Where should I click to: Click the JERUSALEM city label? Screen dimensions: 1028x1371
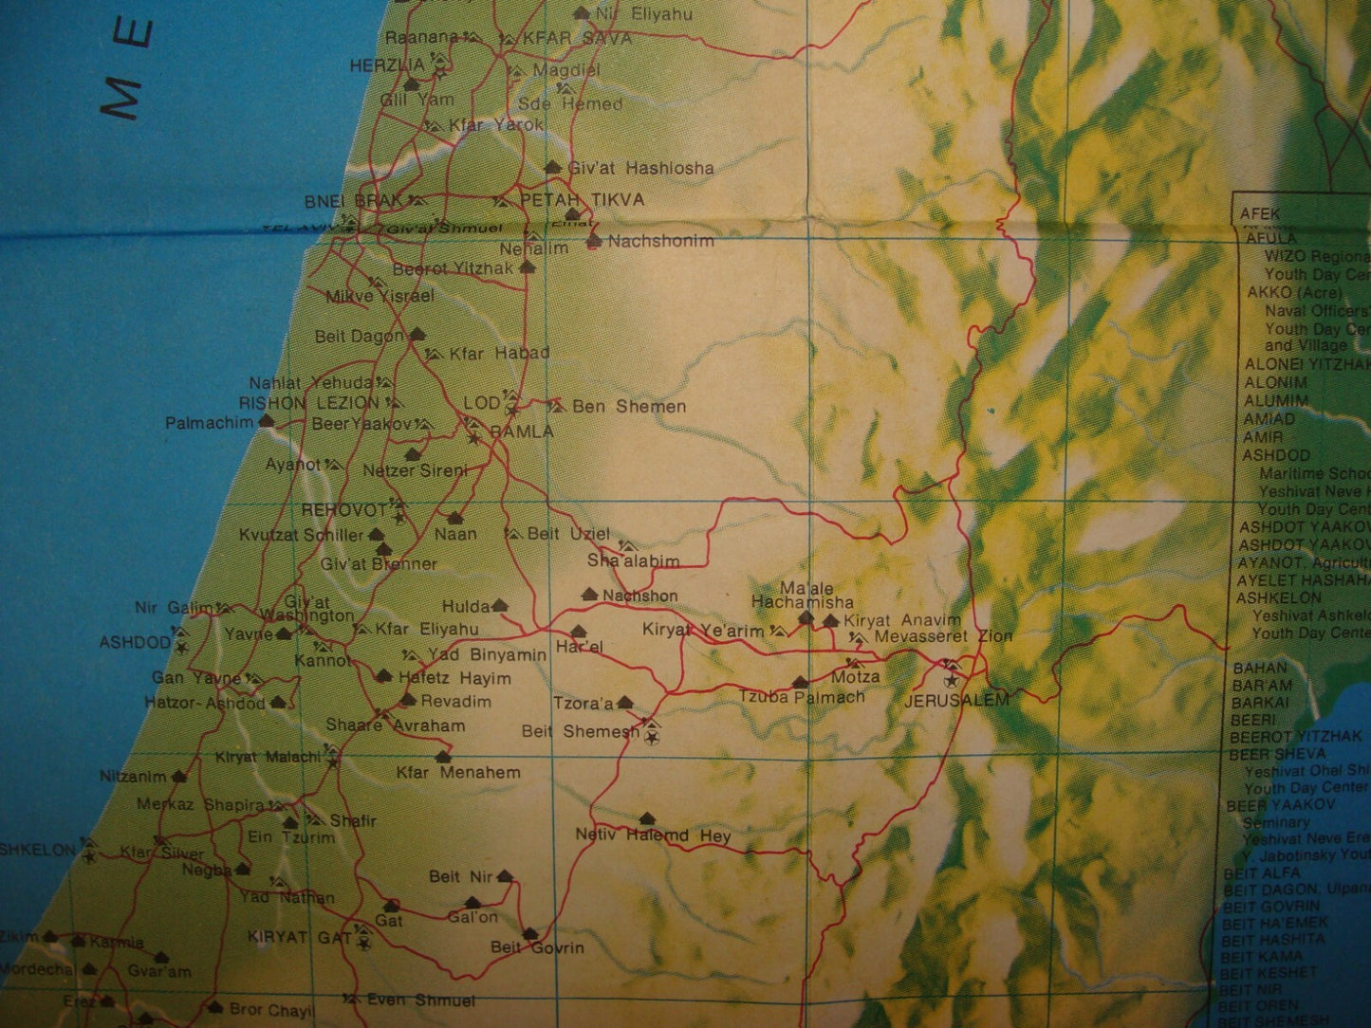955,700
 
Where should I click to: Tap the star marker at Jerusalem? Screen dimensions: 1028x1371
952,680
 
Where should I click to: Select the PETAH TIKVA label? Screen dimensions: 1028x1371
582,200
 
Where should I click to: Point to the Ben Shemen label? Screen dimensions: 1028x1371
628,407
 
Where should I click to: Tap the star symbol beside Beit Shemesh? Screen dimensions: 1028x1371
652,734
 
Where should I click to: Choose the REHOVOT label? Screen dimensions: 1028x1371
344,510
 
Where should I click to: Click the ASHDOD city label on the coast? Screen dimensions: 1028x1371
135,643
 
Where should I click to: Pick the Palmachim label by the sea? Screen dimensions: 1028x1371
209,423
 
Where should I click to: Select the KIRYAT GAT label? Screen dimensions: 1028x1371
299,937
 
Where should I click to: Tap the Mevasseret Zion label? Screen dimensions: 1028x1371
943,636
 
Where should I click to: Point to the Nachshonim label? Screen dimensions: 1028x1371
660,241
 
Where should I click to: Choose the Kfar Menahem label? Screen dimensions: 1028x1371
458,773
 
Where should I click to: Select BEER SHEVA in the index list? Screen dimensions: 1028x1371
1277,754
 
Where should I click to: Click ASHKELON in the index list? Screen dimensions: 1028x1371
1278,597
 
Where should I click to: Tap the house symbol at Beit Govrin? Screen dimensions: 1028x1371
529,934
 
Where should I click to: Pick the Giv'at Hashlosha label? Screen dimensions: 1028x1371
640,169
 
